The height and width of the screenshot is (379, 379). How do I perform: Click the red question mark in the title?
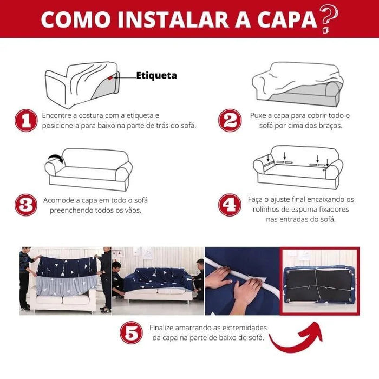tap(328, 18)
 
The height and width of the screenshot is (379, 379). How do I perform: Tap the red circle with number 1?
tap(25, 121)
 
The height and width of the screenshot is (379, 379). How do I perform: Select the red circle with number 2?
tap(230, 121)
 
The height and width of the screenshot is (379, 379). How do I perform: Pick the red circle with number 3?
tap(25, 205)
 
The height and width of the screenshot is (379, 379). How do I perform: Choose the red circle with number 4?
tap(230, 205)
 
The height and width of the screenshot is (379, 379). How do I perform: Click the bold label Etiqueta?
tap(156, 76)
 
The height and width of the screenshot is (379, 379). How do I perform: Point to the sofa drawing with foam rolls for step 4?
tap(297, 167)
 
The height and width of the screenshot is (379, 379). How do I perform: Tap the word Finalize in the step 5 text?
tap(165, 328)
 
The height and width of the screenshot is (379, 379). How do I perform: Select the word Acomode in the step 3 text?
tap(60, 200)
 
